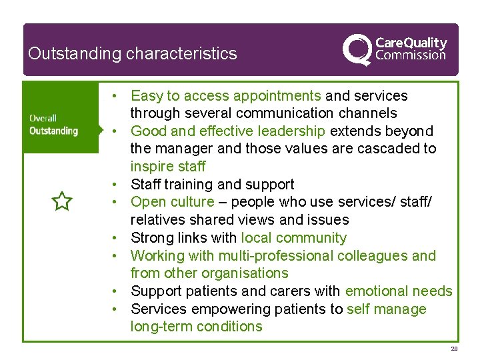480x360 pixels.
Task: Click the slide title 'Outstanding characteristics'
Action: (x=132, y=53)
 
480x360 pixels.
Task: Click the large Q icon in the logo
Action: (x=357, y=50)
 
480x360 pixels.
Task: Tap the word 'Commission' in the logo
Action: (x=411, y=55)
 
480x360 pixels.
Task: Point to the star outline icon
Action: (x=61, y=201)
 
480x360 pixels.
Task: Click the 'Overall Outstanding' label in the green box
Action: (x=53, y=125)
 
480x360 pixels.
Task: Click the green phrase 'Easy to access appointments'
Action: (x=225, y=96)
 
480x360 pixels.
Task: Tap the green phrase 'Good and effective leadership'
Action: (x=227, y=131)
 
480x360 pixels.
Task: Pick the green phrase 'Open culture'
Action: (x=172, y=202)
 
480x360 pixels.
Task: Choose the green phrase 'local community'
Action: (x=294, y=238)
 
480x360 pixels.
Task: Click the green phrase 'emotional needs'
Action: (x=399, y=291)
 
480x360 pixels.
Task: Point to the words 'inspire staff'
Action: (x=168, y=167)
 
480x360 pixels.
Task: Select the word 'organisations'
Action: (x=246, y=273)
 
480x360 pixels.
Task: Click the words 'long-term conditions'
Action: (x=196, y=327)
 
